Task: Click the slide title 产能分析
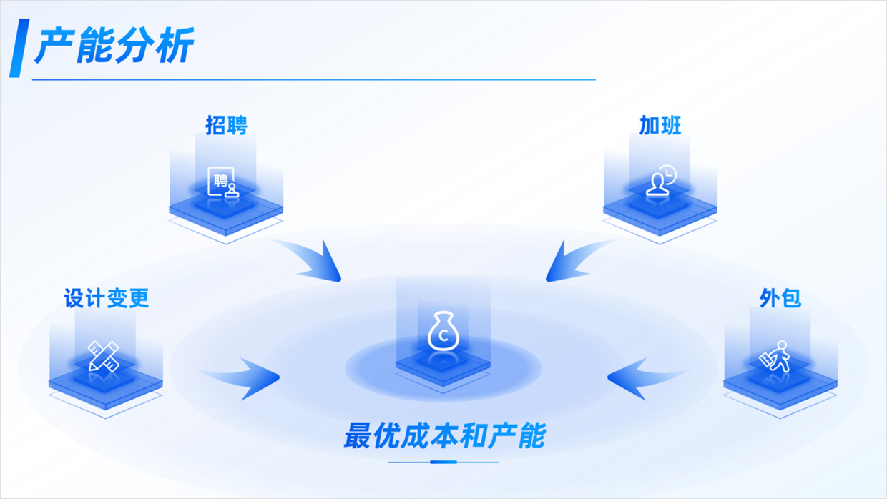coord(114,45)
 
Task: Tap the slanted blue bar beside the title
coord(19,48)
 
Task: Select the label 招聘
coord(226,125)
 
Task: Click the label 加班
coord(660,125)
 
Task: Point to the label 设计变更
coord(106,298)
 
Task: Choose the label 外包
coord(780,298)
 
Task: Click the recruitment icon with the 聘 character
coord(223,182)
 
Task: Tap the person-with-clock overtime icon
coord(661,180)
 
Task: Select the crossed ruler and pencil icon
coord(104,356)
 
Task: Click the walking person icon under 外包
coord(775,357)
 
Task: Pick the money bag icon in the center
coord(443,331)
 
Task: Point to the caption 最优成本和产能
coord(444,435)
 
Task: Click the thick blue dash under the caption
coord(443,462)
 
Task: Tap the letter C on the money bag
coord(443,336)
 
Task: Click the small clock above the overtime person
coord(668,174)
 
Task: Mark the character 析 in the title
coord(175,45)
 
